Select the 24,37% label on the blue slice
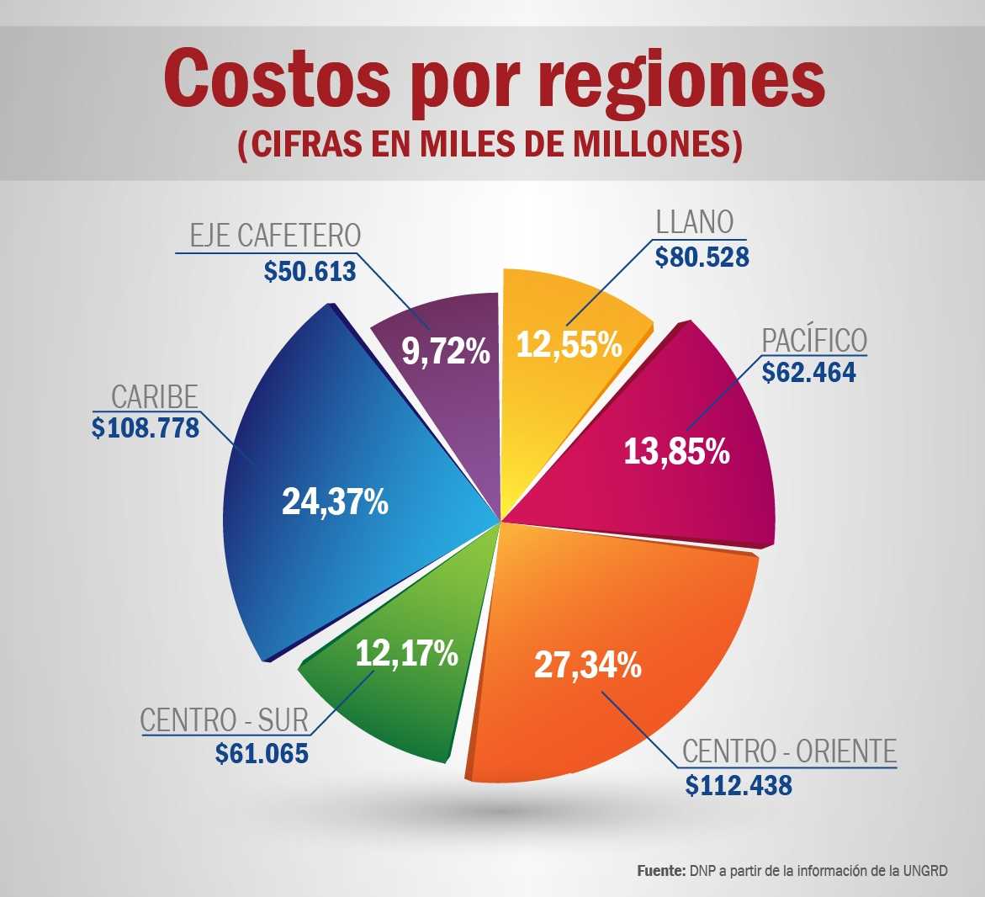pyautogui.click(x=335, y=502)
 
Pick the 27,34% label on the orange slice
pyautogui.click(x=587, y=666)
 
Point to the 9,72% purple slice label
pyautogui.click(x=445, y=351)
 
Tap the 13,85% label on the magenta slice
pyautogui.click(x=676, y=452)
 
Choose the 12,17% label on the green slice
pyautogui.click(x=406, y=653)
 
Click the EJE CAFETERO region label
pyautogui.click(x=275, y=236)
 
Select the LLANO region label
pyautogui.click(x=694, y=222)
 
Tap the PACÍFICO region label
pyautogui.click(x=813, y=340)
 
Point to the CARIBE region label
pyautogui.click(x=154, y=395)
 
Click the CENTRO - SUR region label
pyautogui.click(x=224, y=720)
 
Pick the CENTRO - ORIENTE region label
pyautogui.click(x=789, y=751)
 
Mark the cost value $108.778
pyautogui.click(x=146, y=427)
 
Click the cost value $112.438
pyautogui.click(x=739, y=785)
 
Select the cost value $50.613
pyautogui.click(x=310, y=271)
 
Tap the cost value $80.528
pyautogui.click(x=702, y=256)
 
